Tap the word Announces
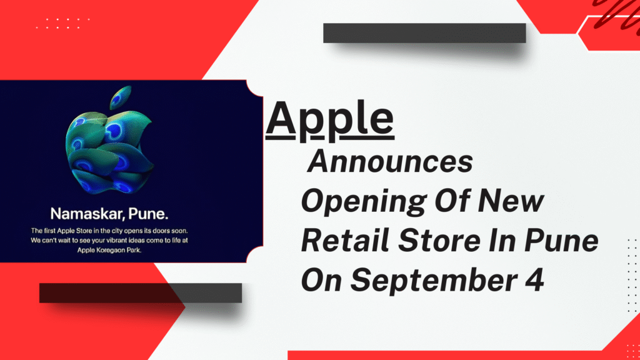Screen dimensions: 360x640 pyautogui.click(x=391, y=163)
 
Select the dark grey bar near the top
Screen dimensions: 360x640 pyautogui.click(x=424, y=33)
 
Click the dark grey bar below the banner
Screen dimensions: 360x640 pyautogui.click(x=140, y=292)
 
